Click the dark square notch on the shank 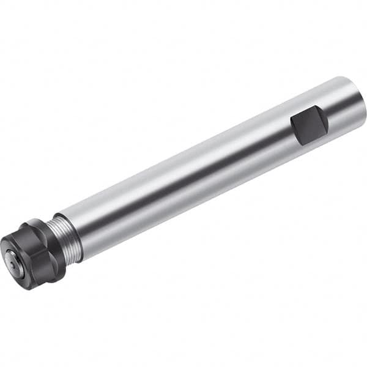point(309,126)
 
